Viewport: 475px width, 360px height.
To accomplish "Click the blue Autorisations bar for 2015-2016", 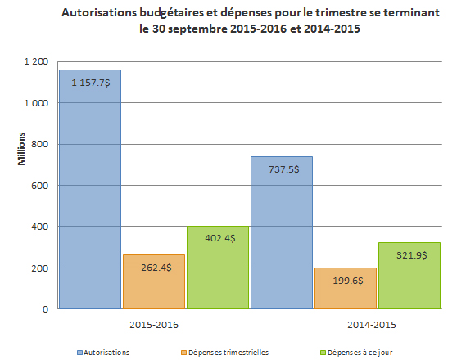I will (x=90, y=196).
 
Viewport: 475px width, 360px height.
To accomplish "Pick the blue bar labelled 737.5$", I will (x=281, y=237).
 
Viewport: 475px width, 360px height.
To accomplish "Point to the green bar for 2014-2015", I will (x=409, y=282).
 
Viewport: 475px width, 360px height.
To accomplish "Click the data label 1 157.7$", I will (x=91, y=83).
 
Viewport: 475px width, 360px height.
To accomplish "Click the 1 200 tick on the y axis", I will (x=36, y=62).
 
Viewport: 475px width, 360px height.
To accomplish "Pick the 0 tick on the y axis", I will (x=45, y=309).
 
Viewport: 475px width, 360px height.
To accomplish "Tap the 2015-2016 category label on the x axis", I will (x=154, y=325).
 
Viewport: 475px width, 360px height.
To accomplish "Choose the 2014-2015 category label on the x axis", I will (x=345, y=325).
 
